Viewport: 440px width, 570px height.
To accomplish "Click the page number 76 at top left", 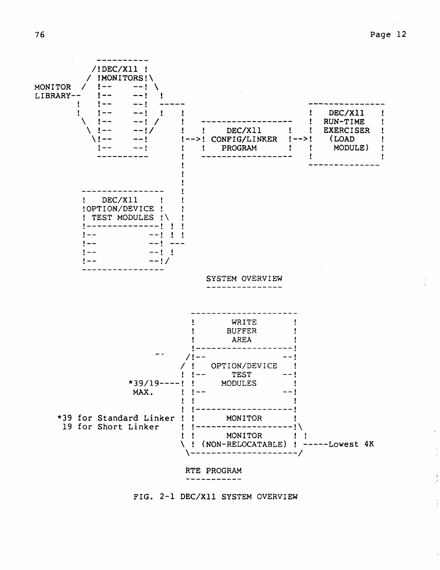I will point(40,35).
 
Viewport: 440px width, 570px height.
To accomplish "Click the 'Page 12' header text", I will point(388,35).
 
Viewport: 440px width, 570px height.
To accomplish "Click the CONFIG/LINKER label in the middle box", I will point(244,139).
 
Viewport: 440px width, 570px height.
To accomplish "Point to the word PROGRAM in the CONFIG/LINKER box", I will point(239,148).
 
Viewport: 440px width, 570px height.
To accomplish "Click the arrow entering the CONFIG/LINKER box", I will point(191,139).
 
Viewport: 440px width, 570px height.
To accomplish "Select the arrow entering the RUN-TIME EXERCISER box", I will point(300,139).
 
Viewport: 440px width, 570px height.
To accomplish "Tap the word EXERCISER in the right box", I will point(346,131).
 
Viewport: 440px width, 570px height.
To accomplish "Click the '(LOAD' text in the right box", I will point(342,139).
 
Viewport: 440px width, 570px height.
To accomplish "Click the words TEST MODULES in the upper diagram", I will point(122,217).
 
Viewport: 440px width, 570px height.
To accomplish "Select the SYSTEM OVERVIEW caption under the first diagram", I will point(244,279).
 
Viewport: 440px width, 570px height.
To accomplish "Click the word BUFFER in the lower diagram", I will point(242,331).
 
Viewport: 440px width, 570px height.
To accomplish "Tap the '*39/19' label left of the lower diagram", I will point(144,383).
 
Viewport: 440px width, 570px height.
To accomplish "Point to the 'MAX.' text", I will point(143,392).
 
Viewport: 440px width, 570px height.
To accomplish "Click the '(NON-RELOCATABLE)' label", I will point(244,444).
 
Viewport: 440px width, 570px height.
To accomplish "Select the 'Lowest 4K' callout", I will point(351,444).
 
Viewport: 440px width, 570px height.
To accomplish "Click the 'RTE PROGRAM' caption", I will point(214,471).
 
